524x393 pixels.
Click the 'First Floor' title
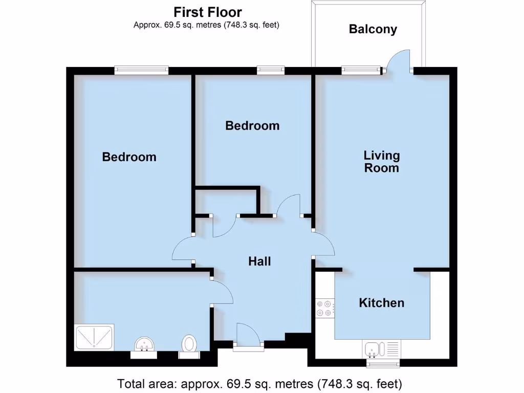(x=207, y=12)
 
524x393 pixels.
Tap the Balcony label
(x=373, y=29)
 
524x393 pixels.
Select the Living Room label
(x=381, y=161)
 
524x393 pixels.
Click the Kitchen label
(x=381, y=303)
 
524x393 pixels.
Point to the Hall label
(x=259, y=261)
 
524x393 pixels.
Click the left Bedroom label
(x=129, y=157)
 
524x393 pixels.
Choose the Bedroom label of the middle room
(x=252, y=125)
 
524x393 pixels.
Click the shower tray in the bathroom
(x=94, y=337)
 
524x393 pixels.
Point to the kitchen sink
(x=372, y=350)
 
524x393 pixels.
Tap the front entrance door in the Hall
(x=249, y=335)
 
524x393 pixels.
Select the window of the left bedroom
(x=141, y=70)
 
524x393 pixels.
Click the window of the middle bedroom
(x=271, y=70)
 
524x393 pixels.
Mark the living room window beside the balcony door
(x=361, y=70)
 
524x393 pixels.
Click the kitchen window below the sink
(x=383, y=363)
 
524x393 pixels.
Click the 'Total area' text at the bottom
(x=259, y=383)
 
